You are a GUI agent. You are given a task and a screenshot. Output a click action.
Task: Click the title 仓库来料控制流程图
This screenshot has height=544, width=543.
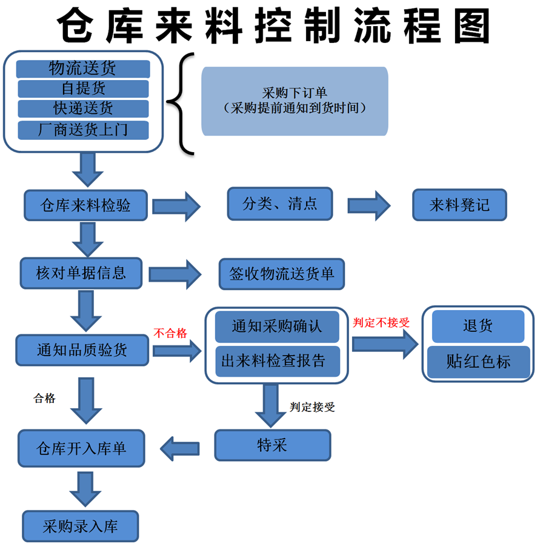point(273,25)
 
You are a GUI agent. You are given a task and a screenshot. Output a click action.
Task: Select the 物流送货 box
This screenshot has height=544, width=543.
point(83,68)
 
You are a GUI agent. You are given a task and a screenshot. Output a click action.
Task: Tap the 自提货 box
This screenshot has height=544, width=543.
point(83,88)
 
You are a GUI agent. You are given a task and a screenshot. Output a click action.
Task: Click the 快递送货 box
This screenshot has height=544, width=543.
point(83,108)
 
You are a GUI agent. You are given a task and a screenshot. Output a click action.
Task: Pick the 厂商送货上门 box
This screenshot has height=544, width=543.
point(83,130)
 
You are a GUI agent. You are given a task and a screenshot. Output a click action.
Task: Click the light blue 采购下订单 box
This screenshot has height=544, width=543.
point(295,101)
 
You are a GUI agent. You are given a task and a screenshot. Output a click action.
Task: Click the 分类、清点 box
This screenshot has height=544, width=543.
point(280,203)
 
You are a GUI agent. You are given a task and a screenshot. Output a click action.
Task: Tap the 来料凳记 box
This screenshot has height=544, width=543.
point(459,205)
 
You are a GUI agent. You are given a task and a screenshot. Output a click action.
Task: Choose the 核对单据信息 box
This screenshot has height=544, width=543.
point(81,273)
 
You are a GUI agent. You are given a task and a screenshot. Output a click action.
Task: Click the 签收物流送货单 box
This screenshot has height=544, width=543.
point(281,274)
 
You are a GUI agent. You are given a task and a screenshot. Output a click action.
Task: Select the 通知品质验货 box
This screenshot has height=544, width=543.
point(82,350)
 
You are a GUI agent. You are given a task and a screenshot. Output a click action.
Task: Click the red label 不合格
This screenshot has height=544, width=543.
point(170,333)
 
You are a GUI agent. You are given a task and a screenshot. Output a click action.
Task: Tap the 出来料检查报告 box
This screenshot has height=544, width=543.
point(278,362)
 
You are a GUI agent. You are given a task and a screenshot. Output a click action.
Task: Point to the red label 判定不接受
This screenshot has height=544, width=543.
point(381,322)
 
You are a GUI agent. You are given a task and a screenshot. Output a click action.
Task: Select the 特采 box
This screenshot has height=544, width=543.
point(273,446)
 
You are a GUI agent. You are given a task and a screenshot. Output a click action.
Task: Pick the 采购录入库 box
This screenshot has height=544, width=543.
point(81,526)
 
